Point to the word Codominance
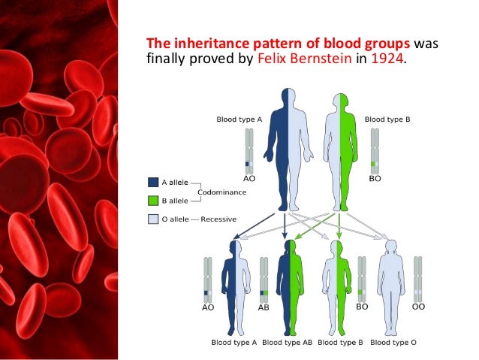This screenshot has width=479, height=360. [x=223, y=192]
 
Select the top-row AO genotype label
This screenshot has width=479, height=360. [x=249, y=179]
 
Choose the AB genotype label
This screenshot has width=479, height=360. [x=264, y=307]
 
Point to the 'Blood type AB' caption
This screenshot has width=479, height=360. [x=288, y=343]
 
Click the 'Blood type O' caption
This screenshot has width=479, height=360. [x=393, y=343]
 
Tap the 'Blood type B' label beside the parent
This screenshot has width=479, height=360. [x=387, y=119]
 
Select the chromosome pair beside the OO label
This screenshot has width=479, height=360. [x=417, y=278]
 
